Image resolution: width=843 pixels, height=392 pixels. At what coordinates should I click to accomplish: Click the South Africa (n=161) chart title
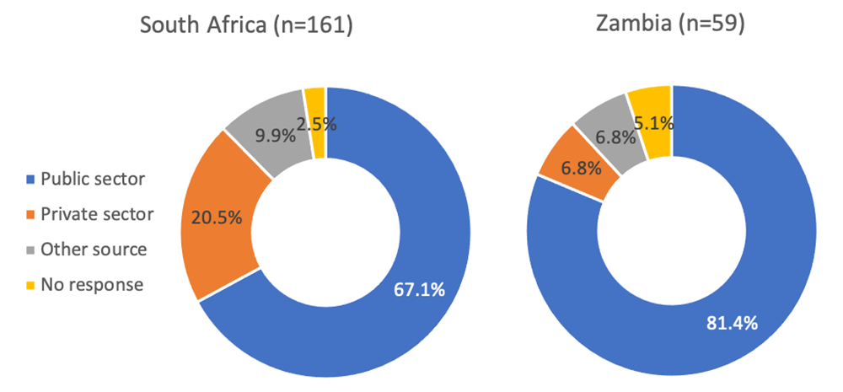[x=245, y=26]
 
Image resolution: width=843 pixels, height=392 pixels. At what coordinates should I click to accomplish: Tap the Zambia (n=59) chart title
[x=671, y=26]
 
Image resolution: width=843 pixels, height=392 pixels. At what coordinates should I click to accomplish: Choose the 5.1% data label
[x=654, y=124]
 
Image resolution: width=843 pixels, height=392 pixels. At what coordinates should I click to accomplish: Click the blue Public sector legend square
[x=32, y=179]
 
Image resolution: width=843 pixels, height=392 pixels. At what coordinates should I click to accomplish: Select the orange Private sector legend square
[x=32, y=214]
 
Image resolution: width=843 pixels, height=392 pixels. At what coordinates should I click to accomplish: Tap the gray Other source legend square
[x=32, y=250]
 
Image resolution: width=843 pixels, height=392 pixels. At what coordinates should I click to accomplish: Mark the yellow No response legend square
[x=32, y=285]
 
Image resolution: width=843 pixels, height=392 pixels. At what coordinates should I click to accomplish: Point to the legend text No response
[x=92, y=285]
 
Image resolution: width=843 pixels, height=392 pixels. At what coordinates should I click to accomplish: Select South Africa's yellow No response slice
[x=316, y=105]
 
